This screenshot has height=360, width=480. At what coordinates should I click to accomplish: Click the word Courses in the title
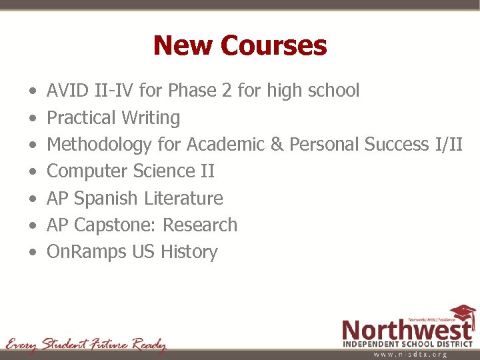coord(274,46)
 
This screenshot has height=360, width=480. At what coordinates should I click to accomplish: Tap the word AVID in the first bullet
coord(66,91)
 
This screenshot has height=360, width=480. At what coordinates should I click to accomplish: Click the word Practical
coord(81,118)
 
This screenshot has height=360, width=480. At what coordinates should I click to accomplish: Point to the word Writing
coord(151,118)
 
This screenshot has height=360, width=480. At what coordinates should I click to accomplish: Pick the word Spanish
coord(106,199)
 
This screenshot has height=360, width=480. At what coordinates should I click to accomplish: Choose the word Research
coord(200,225)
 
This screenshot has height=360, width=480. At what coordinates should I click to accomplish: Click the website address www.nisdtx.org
coord(409,354)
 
